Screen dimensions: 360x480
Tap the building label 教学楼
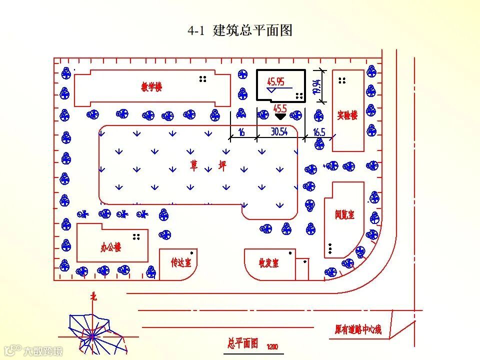pos(151,87)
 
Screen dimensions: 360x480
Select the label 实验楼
pos(347,115)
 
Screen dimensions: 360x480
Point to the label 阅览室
pos(344,215)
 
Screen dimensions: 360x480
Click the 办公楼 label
pos(110,247)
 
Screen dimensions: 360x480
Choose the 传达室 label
pos(179,262)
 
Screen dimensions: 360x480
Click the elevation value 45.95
pos(275,81)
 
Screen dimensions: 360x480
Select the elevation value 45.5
pos(280,108)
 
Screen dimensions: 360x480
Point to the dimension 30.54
pos(279,132)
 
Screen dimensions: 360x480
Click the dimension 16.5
pos(319,132)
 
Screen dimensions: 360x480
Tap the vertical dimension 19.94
pos(316,87)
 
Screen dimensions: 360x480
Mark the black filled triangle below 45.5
pos(280,116)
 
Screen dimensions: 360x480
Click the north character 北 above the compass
pos(93,296)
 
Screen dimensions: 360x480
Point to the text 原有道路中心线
pos(358,329)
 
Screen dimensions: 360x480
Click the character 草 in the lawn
pos(193,166)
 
